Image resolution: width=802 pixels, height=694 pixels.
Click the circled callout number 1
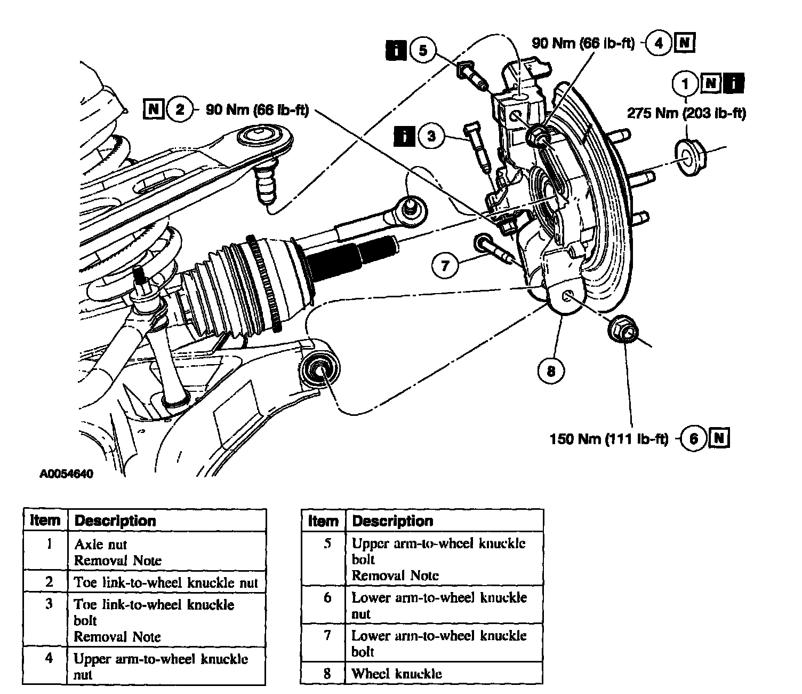685,83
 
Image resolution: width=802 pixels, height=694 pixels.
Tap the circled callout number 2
179,109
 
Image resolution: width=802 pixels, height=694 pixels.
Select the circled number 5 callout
423,50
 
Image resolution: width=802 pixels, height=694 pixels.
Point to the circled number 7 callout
445,266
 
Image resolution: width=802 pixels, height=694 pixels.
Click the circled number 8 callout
551,371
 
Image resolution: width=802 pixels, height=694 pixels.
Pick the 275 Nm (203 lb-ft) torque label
686,113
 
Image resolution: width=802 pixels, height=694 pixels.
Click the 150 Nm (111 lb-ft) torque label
609,439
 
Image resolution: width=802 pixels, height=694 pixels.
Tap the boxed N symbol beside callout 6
719,438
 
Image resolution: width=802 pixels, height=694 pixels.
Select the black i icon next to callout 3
404,136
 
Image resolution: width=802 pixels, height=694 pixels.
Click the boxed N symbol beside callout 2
154,109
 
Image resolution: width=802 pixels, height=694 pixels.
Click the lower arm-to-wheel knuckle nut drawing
623,329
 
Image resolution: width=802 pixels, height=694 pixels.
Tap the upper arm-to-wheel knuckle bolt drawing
472,75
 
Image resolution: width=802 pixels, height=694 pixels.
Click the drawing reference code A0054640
66,474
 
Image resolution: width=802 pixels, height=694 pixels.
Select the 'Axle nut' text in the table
100,545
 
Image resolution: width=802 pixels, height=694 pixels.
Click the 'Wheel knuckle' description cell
397,673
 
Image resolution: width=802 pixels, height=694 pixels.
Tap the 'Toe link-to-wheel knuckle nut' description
166,582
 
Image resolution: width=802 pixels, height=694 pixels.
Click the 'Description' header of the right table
392,521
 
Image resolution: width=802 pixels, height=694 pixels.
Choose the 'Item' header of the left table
45,520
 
